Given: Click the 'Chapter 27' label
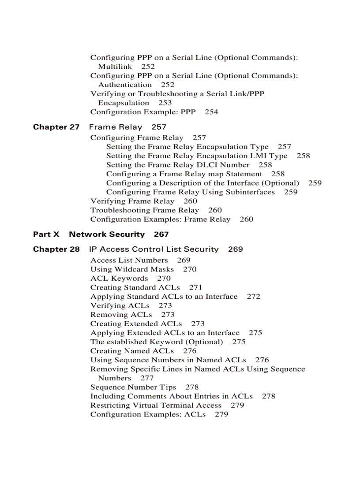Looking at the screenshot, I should (x=56, y=127).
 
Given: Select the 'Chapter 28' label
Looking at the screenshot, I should (x=56, y=249).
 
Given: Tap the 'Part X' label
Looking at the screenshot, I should (x=46, y=234).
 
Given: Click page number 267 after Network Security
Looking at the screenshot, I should (x=161, y=234).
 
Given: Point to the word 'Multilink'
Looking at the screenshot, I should (x=115, y=67).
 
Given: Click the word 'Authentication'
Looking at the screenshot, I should (x=125, y=85).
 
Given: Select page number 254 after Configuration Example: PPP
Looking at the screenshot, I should (x=211, y=112).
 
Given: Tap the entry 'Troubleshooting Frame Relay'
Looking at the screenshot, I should (x=145, y=210).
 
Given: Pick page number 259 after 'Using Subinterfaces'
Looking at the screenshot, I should (x=291, y=192).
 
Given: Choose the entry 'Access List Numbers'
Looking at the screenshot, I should (x=129, y=261).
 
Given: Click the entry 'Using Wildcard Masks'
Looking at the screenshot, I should (x=132, y=269).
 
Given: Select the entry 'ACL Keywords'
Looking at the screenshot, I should (x=119, y=279).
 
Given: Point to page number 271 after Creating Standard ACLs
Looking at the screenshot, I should (x=195, y=287).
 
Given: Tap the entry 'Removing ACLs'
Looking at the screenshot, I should (x=121, y=315).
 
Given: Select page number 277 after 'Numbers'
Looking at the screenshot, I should (x=147, y=378).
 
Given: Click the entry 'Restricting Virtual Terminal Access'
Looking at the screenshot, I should (x=156, y=406).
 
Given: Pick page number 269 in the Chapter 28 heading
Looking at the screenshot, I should (x=236, y=249).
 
